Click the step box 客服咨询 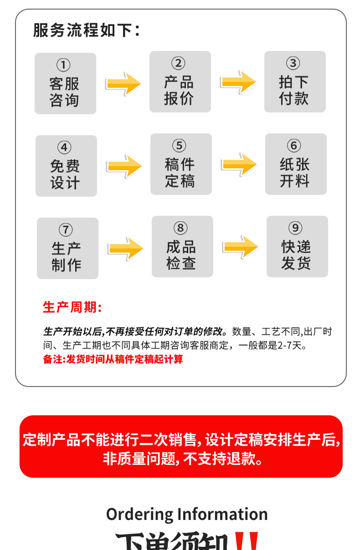pos(65,83)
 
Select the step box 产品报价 pos(180,81)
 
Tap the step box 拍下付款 pos(295,81)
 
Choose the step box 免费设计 pos(66,166)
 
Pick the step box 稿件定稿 pos(181,164)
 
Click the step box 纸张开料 pos(296,164)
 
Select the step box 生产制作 pos(67,248)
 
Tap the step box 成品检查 pos(182,246)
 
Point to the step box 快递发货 pos(297,246)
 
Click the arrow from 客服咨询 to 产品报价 pos(123,84)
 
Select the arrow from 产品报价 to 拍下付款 pos(238,82)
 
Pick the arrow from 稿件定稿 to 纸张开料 pos(239,164)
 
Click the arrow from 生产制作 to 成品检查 pos(125,249)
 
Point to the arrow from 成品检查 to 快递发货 pos(240,247)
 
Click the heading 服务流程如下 pos(86,30)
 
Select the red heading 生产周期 pos(72,307)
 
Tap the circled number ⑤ pos(179,146)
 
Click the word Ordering pos(139,514)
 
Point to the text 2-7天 pos(291,346)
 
